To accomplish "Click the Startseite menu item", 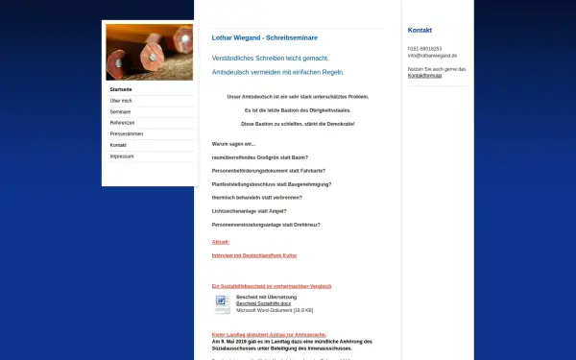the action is (121, 88).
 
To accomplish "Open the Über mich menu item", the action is (121, 100).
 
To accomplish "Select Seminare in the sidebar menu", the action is (120, 111).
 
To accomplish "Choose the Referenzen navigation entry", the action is (122, 122).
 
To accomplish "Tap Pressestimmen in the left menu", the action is (126, 133).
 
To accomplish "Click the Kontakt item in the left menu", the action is (118, 144).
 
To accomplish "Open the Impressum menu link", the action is (122, 156).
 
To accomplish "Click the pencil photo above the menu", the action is (149, 52).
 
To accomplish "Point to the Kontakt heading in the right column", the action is (420, 30).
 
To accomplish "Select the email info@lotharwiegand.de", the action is (432, 56).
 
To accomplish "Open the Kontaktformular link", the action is (424, 75).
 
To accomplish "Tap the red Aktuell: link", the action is (221, 242).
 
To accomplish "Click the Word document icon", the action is (221, 304).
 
